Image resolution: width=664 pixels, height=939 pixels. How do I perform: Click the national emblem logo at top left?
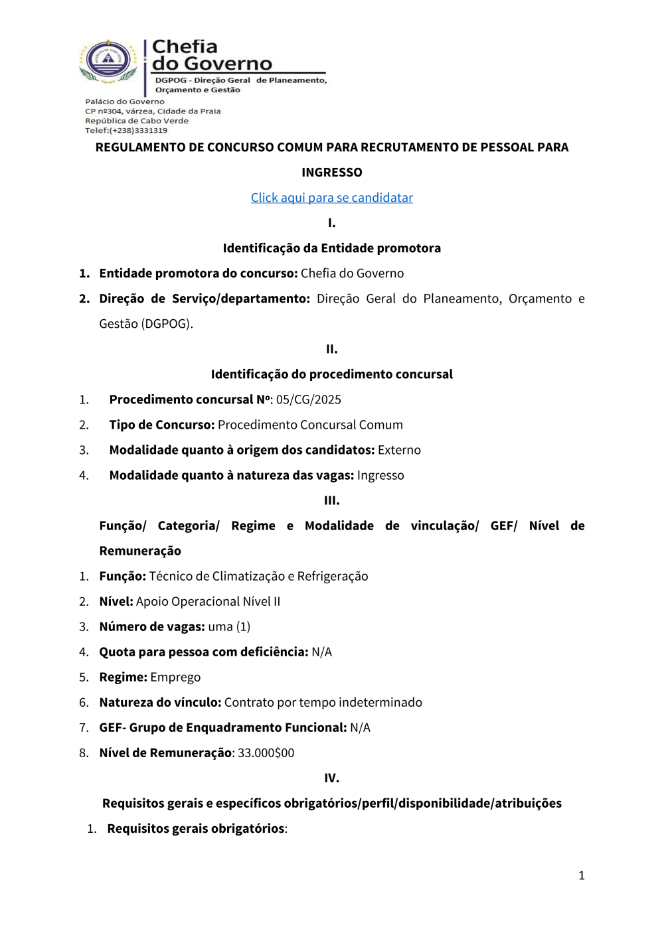click(x=108, y=61)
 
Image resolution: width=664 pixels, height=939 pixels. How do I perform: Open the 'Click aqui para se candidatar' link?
click(x=331, y=198)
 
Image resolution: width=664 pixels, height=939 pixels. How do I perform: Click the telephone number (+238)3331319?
click(x=138, y=131)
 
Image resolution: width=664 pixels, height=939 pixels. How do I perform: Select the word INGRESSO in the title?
click(x=331, y=173)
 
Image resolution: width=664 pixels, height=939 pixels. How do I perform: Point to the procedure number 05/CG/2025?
click(x=309, y=399)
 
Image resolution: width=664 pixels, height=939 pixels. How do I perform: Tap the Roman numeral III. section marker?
click(x=331, y=500)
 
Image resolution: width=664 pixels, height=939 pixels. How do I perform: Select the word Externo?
click(x=399, y=450)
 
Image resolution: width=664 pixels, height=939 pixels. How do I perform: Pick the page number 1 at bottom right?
click(x=582, y=875)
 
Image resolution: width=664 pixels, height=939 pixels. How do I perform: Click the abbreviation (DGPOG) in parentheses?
click(x=167, y=324)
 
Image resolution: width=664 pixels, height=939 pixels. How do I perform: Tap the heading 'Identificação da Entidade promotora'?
click(x=331, y=248)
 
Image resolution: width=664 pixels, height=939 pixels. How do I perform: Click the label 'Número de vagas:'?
click(x=152, y=626)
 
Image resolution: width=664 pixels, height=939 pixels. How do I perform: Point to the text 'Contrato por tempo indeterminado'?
click(x=323, y=702)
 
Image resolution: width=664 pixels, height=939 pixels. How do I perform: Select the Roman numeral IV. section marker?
click(x=331, y=778)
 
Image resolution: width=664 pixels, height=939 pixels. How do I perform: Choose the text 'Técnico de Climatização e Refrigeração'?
click(x=258, y=576)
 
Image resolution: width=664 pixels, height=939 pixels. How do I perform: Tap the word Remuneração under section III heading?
click(x=140, y=551)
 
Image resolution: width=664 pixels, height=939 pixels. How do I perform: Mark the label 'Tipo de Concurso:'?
click(x=162, y=425)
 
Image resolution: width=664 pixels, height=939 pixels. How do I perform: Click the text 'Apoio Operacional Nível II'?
click(x=208, y=601)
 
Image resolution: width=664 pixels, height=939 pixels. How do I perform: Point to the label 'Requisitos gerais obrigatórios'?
click(x=196, y=828)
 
